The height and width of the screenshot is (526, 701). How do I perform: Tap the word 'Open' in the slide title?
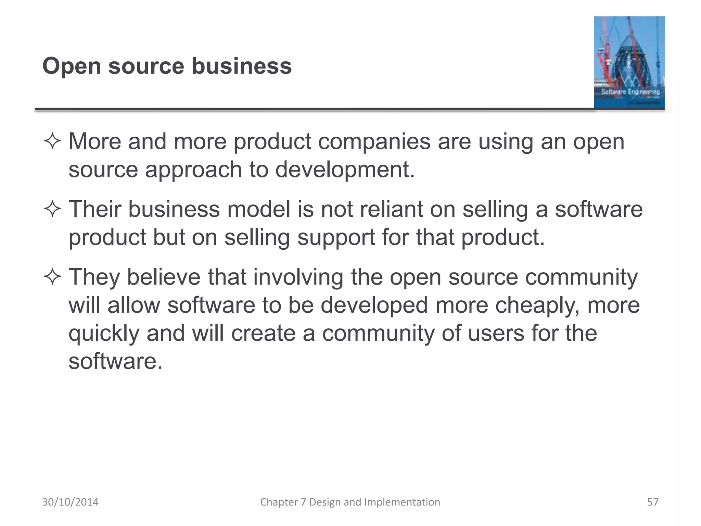coord(72,66)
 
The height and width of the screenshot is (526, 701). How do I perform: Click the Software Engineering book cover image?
coord(629,62)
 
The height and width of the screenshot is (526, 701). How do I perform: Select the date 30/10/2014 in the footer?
coord(70,502)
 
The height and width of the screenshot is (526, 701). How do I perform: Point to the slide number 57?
coord(652,502)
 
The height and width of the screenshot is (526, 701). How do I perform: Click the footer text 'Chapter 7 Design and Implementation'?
coord(350,502)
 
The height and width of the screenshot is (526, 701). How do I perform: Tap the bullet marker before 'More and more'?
coord(52,142)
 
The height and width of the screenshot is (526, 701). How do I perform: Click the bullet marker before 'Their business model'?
coord(52,210)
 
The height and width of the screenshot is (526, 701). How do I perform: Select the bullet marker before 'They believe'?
coord(52,277)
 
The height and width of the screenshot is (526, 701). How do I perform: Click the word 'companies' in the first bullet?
coord(374,142)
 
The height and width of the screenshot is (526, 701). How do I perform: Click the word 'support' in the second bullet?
coord(336,237)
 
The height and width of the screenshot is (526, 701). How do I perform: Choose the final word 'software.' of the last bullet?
coord(115,361)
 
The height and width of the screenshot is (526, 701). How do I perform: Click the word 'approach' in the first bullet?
coord(193,170)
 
